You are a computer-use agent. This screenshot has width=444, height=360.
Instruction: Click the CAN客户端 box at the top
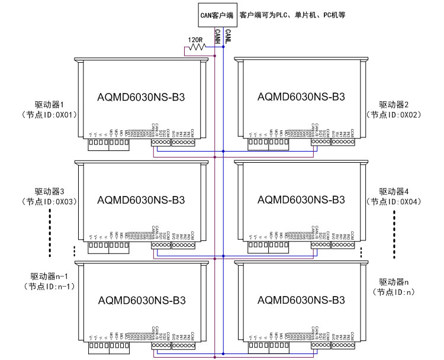pos(217,14)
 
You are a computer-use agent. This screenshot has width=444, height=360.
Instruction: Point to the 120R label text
pos(195,40)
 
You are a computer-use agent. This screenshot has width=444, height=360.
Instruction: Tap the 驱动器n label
pos(394,281)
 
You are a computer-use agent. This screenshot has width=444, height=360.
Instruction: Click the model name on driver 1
pos(141,97)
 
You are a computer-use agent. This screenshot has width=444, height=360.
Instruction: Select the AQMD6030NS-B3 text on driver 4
pos(301,200)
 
